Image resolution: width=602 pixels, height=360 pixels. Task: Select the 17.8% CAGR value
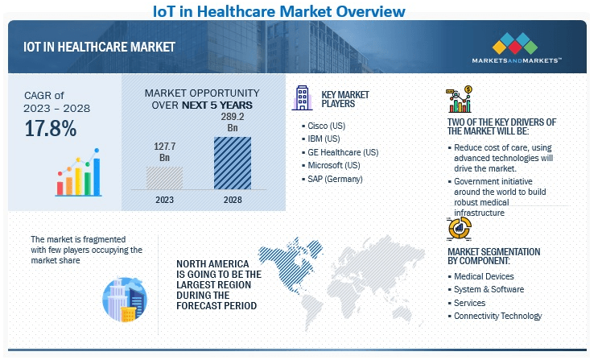50,128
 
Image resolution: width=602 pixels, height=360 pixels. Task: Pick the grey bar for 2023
164,178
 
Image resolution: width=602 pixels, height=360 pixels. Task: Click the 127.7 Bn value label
164,152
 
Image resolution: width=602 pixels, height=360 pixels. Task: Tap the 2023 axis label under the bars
164,199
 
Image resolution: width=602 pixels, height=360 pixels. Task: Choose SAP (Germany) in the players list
335,178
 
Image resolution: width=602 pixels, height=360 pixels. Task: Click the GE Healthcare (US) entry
343,152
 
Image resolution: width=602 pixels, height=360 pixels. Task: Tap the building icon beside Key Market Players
303,97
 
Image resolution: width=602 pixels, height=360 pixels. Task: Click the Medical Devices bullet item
484,276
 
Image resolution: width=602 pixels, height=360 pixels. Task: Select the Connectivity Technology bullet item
497,316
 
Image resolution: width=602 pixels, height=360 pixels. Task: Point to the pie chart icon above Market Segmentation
459,229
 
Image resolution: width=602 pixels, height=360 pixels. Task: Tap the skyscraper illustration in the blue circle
123,298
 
